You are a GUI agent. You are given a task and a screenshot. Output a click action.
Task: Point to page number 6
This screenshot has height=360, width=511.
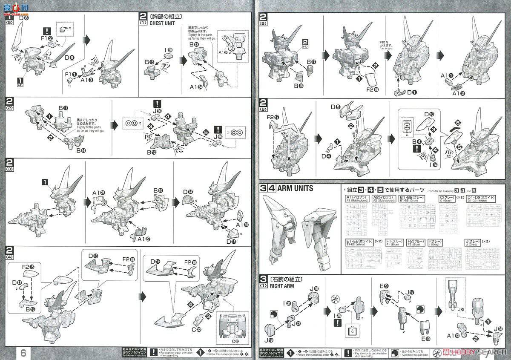point(23,353)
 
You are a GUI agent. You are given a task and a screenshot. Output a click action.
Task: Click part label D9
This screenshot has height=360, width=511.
point(69,58)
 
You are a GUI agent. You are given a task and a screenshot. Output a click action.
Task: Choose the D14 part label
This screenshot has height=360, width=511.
point(187,192)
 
